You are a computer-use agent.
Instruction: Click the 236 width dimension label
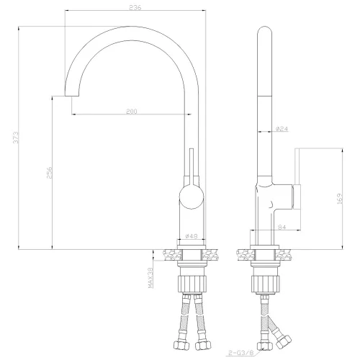(x=135, y=7)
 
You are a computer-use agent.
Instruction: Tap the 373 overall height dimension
(x=16, y=138)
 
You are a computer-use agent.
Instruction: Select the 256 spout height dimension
(x=49, y=173)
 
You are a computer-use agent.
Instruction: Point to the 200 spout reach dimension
(x=132, y=111)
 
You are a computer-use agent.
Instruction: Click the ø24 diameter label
(x=282, y=129)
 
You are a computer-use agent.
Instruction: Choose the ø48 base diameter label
(x=192, y=236)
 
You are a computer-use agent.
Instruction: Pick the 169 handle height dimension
(x=340, y=199)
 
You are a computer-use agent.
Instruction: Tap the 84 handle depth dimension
(x=282, y=227)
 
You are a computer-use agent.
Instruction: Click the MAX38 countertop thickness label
(x=150, y=278)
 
